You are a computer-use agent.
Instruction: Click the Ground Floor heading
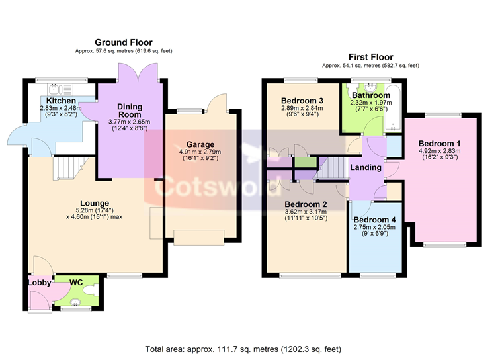124,42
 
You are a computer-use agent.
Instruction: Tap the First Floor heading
371,57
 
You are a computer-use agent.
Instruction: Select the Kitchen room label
61,101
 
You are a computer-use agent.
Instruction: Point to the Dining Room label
130,111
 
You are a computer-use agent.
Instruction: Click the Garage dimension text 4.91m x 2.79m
200,152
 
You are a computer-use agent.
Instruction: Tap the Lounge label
95,203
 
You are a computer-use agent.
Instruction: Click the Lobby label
40,283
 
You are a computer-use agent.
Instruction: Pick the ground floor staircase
68,168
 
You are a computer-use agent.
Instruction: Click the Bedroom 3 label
302,101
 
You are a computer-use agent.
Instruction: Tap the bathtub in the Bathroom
393,108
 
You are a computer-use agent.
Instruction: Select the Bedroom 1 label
439,144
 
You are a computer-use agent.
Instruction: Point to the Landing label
366,167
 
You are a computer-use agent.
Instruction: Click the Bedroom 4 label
374,220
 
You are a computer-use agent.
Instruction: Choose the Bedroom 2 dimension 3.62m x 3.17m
306,212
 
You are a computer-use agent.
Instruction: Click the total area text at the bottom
243,349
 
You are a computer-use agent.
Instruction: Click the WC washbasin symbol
75,302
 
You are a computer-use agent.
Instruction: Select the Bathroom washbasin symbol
371,87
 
